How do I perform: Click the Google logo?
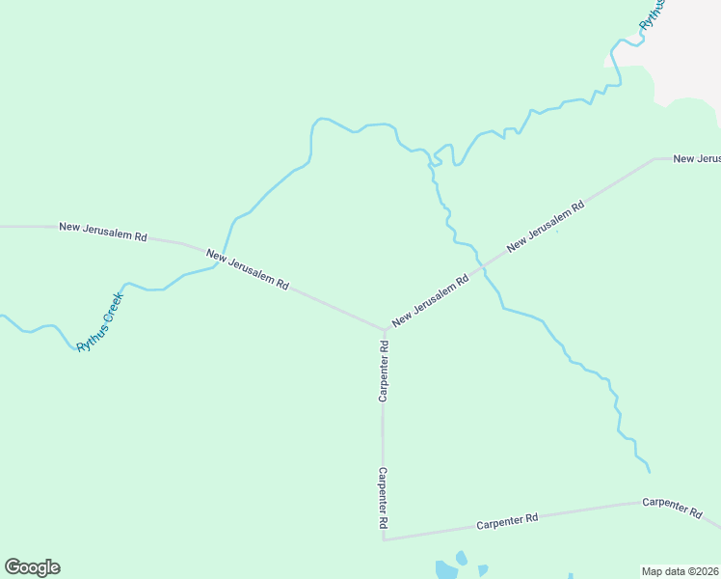click(32, 567)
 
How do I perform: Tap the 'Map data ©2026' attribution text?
click(681, 570)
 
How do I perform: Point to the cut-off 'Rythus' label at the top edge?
click(653, 14)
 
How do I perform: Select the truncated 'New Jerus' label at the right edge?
click(696, 158)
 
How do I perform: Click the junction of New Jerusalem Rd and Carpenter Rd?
click(385, 329)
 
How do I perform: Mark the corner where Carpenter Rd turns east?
click(384, 539)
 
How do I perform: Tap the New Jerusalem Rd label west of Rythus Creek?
click(102, 232)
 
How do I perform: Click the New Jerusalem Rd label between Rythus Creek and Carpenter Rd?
click(248, 270)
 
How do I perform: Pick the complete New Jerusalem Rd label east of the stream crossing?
click(546, 227)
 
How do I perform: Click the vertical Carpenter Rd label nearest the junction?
click(384, 371)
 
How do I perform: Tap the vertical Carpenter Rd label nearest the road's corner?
click(384, 498)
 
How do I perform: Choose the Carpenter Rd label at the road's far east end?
click(672, 508)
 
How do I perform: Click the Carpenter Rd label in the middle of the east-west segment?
click(507, 522)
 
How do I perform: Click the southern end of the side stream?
click(649, 472)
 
